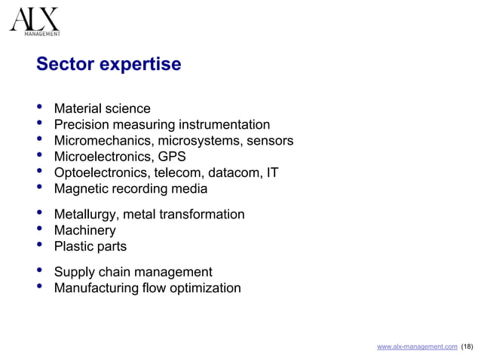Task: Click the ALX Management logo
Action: (x=34, y=20)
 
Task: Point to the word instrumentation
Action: (x=224, y=124)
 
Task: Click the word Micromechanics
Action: (x=100, y=141)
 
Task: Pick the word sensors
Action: (x=268, y=141)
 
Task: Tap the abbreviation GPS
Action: (x=172, y=157)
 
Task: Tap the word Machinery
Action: (x=84, y=230)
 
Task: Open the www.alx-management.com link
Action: (x=416, y=346)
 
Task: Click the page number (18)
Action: (x=467, y=346)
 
